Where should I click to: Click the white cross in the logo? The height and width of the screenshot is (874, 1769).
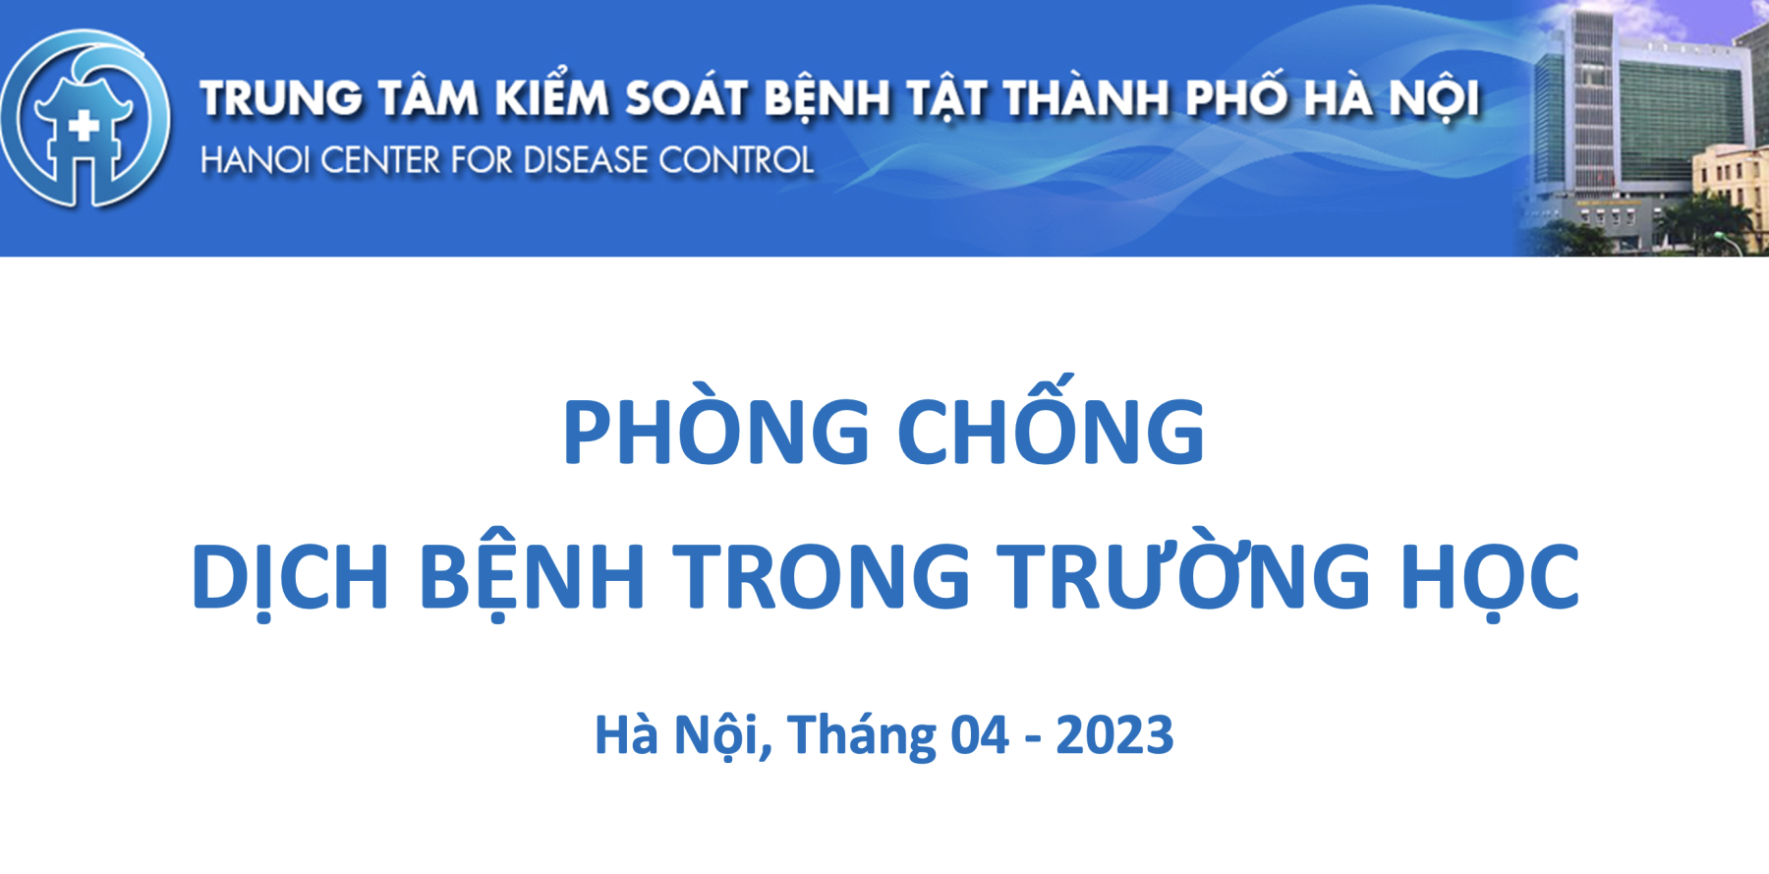point(85,125)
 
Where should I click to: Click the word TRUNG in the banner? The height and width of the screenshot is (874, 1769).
point(282,99)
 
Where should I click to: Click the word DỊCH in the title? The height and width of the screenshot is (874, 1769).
point(290,578)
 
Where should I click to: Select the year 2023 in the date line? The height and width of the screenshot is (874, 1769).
point(1114,735)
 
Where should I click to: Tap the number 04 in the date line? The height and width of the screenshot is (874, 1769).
point(979,735)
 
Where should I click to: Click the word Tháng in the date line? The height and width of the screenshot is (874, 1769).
point(862,735)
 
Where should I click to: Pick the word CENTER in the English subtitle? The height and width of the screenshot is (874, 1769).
point(380,160)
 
